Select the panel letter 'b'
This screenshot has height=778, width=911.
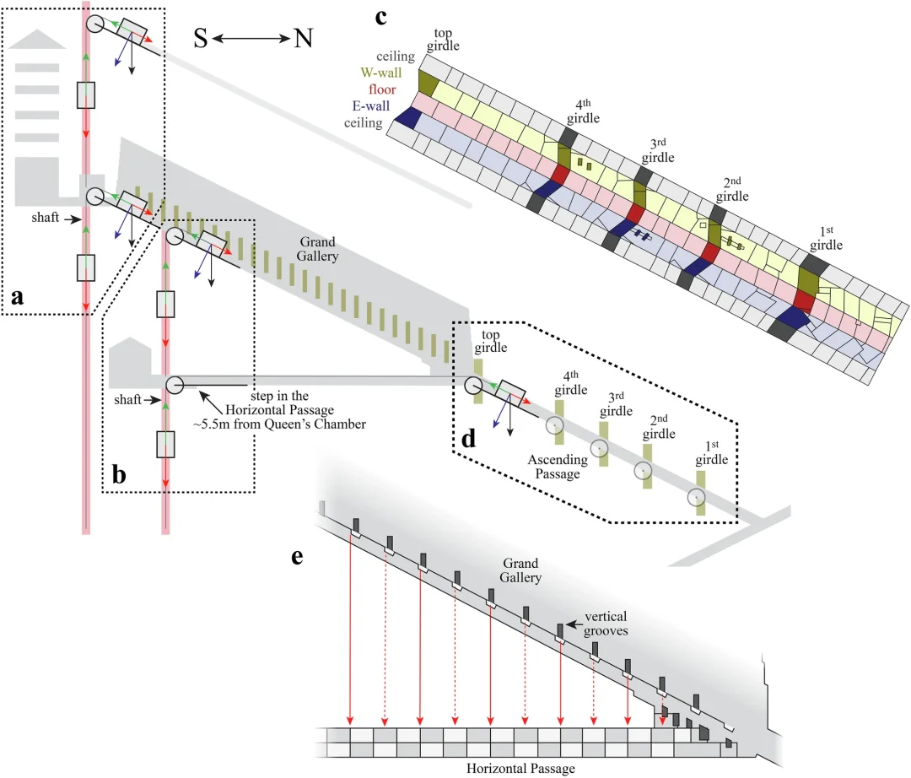pyautogui.click(x=120, y=475)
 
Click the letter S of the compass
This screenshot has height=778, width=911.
pyautogui.click(x=200, y=39)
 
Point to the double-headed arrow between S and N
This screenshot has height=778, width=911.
pyautogui.click(x=251, y=39)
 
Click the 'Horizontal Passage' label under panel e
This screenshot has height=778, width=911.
pyautogui.click(x=521, y=769)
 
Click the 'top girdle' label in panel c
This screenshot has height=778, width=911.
pyautogui.click(x=443, y=40)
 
